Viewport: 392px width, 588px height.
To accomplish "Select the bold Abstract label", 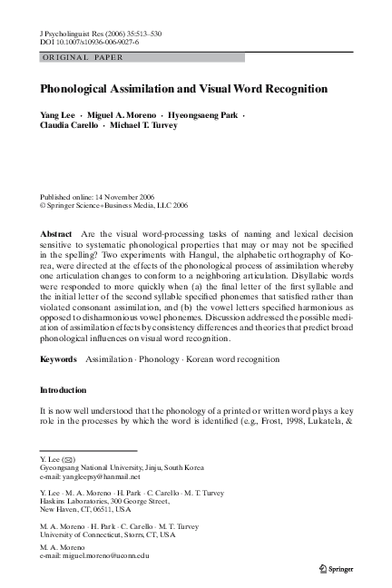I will click(x=57, y=234).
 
